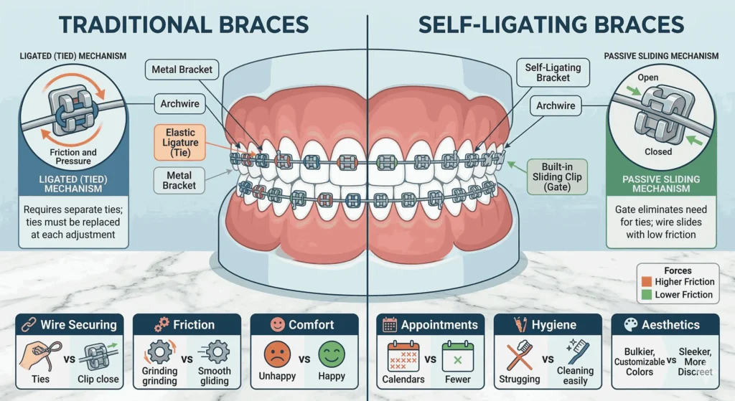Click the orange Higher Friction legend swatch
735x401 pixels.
pos(645,282)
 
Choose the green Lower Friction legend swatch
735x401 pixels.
pos(645,295)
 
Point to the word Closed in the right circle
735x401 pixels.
pos(658,151)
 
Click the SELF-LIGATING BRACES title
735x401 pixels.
pos(551,26)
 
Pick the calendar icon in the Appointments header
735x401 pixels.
pos(390,325)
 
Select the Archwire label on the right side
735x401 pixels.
pos(556,106)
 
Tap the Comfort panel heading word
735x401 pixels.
pos(311,325)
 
